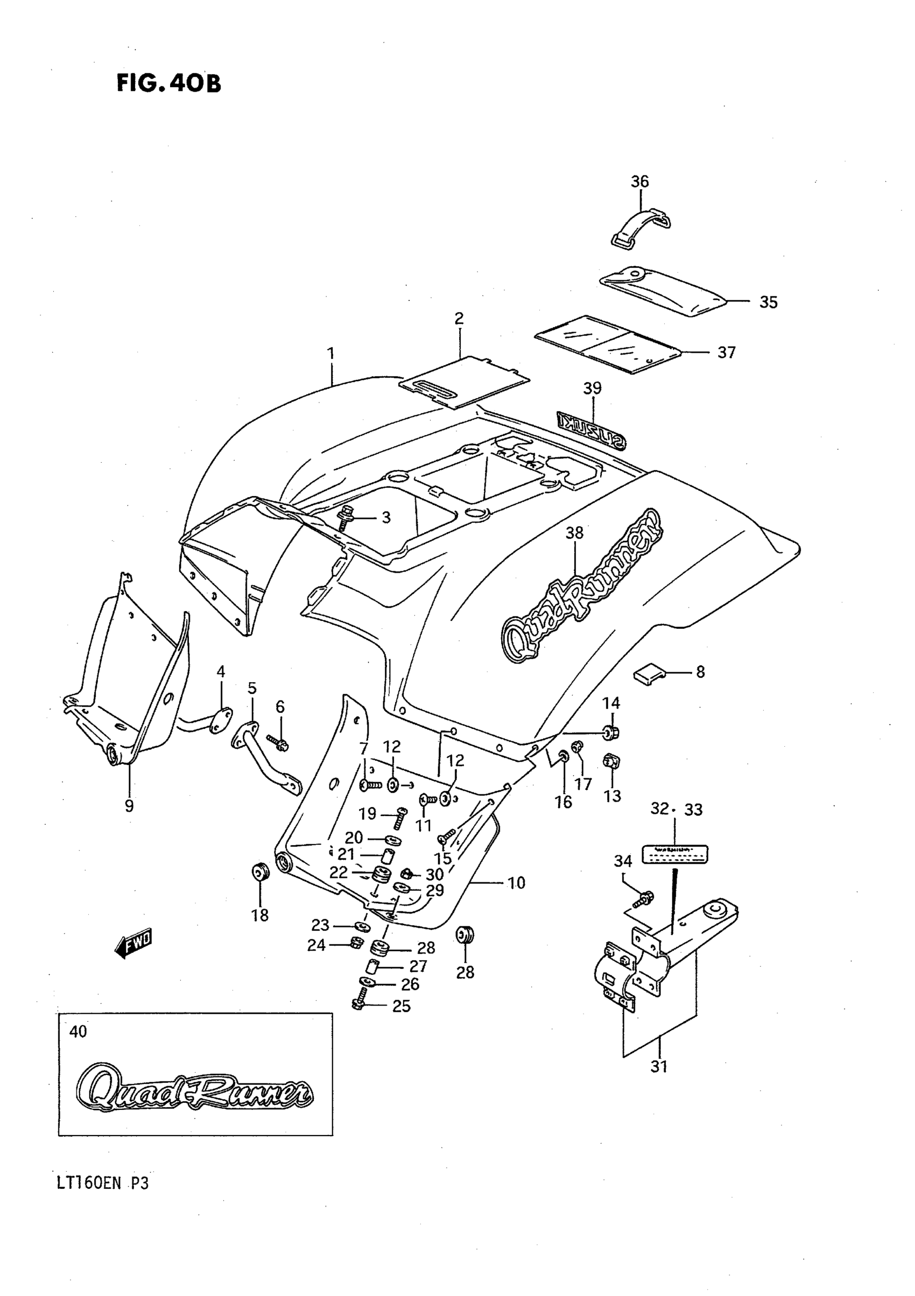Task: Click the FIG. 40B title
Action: [x=168, y=83]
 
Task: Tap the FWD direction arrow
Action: [x=133, y=943]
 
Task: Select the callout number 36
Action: [x=639, y=182]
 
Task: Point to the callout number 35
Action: [x=768, y=302]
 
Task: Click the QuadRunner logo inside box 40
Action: [x=194, y=1087]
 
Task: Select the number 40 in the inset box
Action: [x=78, y=1032]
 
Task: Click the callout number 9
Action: [x=129, y=806]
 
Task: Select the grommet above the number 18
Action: [x=260, y=873]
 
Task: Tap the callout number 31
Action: [x=659, y=1066]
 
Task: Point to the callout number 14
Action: [x=611, y=703]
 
